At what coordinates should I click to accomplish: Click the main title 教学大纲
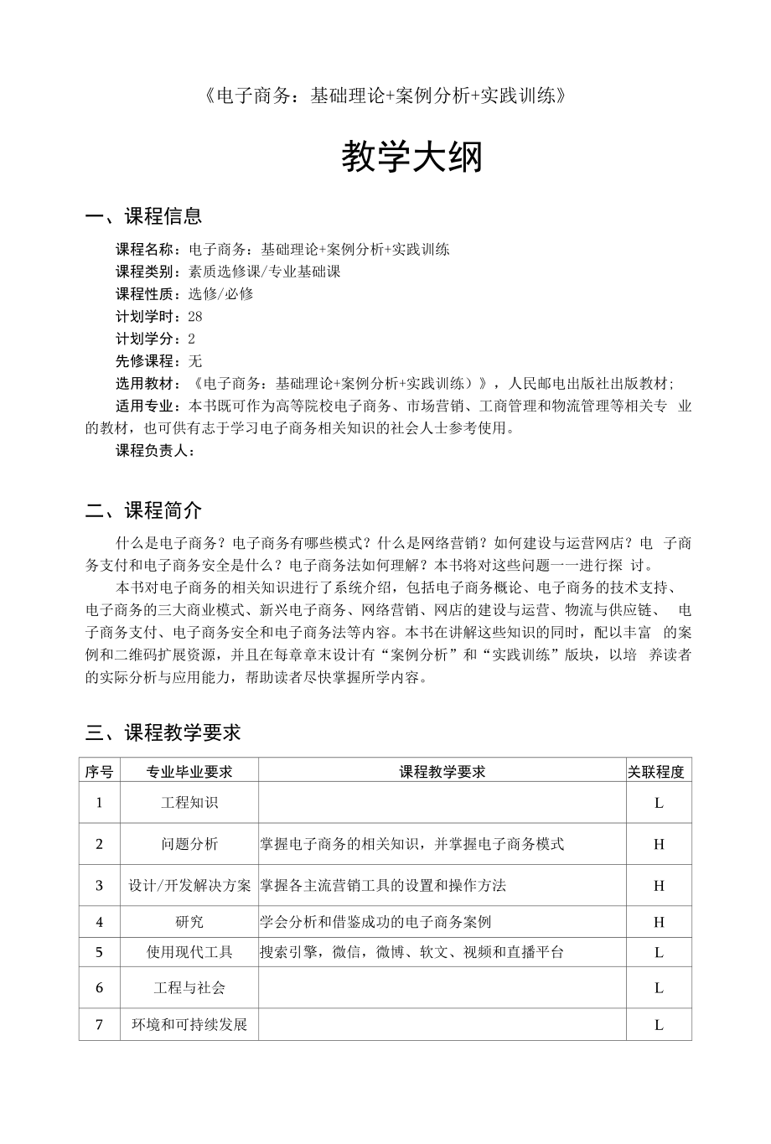click(x=411, y=157)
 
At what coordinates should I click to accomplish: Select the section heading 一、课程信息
click(x=143, y=217)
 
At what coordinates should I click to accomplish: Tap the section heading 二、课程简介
click(x=143, y=510)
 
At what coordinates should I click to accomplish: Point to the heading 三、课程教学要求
click(x=163, y=732)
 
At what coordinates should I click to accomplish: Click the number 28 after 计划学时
click(x=195, y=316)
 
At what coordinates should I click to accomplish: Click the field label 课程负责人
click(x=155, y=451)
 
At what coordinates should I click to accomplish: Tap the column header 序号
click(x=99, y=771)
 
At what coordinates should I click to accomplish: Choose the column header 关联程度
click(x=658, y=771)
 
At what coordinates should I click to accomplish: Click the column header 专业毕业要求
click(x=189, y=771)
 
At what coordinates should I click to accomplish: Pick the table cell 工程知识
click(x=189, y=803)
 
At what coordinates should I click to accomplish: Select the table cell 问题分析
click(x=189, y=844)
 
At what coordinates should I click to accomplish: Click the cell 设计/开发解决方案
click(x=189, y=885)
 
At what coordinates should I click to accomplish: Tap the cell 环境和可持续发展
click(x=189, y=1024)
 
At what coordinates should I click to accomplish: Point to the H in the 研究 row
click(x=659, y=922)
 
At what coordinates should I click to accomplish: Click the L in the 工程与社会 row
click(x=659, y=988)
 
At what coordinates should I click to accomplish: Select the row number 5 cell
click(x=99, y=952)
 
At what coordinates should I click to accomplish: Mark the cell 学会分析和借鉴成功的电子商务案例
click(x=375, y=922)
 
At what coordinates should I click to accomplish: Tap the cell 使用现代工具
click(x=189, y=952)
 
